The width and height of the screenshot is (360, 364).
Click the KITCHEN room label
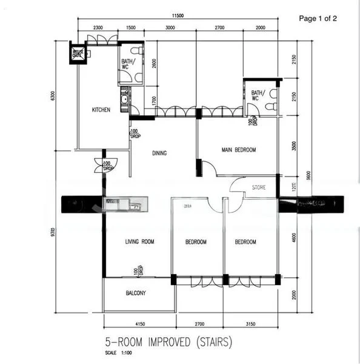tap(101, 110)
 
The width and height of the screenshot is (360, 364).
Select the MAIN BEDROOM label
tap(238, 150)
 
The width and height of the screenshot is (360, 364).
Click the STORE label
tap(259, 188)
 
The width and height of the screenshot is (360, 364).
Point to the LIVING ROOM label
tap(139, 242)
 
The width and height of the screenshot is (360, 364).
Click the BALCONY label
tap(136, 293)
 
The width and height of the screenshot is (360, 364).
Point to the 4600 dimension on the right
tap(294, 240)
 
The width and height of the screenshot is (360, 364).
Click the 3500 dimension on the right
tap(294, 146)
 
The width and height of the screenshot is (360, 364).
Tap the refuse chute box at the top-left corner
tap(78, 53)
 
